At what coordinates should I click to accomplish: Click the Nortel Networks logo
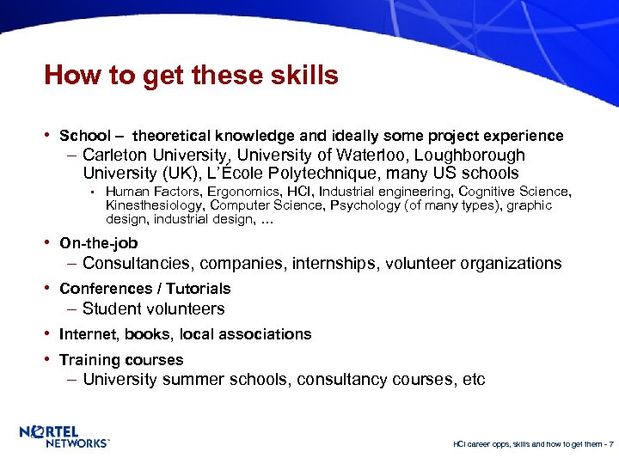64,437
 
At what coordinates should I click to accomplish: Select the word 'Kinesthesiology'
154,205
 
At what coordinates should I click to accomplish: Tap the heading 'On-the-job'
98,243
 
